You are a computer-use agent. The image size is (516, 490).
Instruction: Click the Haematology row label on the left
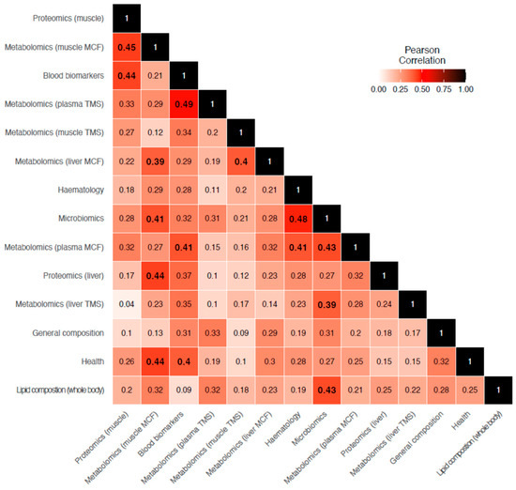point(75,190)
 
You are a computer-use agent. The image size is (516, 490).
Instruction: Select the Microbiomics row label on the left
point(74,219)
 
